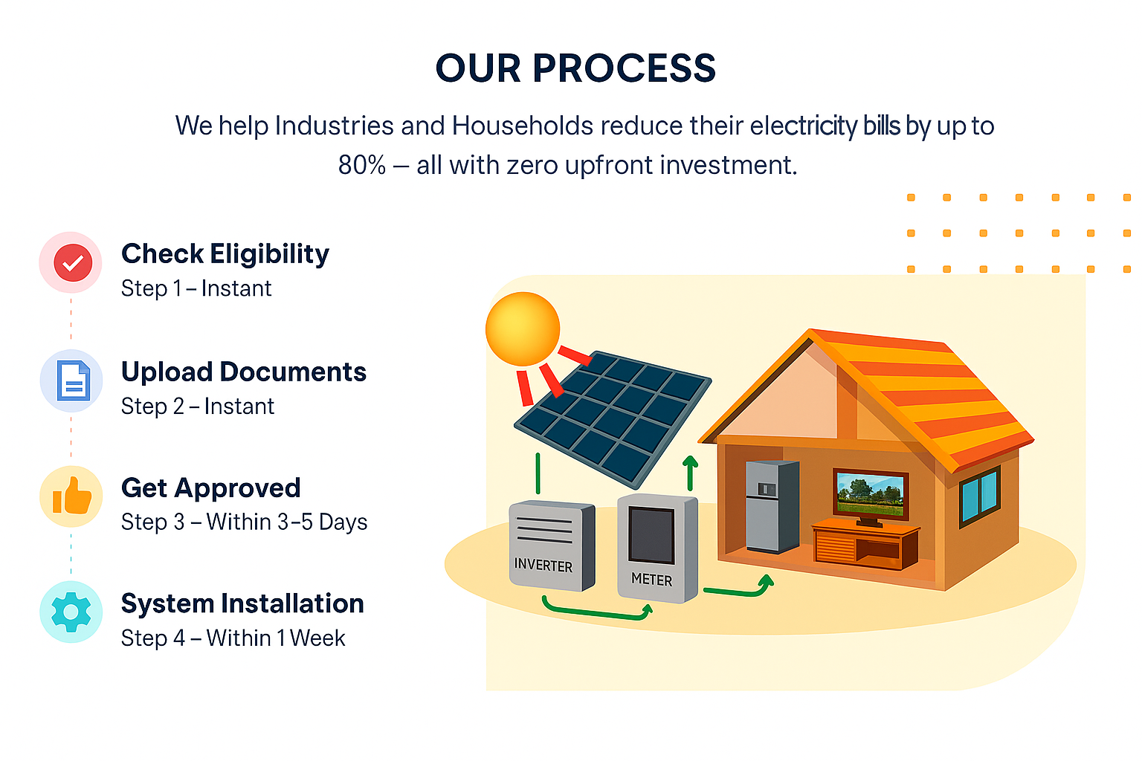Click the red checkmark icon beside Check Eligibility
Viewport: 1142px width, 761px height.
coord(73,262)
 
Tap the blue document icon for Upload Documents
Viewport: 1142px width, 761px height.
coord(74,380)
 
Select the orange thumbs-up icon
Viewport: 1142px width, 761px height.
coord(72,495)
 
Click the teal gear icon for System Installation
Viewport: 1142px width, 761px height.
coord(71,612)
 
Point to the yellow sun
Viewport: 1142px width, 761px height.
coord(523,328)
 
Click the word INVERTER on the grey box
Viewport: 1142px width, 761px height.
coord(543,565)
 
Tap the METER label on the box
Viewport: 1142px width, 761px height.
coord(651,579)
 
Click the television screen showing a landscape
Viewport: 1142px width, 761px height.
coord(871,494)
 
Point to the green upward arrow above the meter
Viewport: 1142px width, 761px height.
coord(690,473)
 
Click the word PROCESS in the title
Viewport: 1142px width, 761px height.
coord(624,68)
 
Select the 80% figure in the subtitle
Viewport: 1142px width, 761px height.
coord(362,165)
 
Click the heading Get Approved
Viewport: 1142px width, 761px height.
coord(210,488)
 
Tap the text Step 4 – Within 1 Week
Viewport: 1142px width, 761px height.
coord(233,638)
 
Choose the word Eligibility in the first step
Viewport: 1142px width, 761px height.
coord(270,254)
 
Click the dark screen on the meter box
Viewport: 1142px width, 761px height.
coord(651,535)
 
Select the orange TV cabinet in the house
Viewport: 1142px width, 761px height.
coord(866,545)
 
